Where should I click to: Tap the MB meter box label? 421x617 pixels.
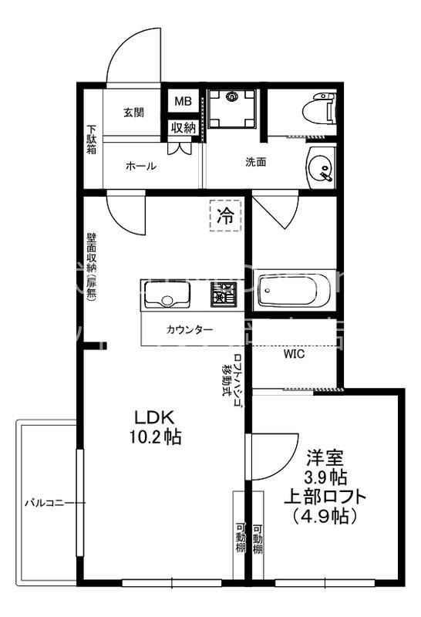[x=183, y=102]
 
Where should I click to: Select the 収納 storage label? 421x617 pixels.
[x=183, y=128]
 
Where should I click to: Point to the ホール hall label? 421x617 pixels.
[x=141, y=166]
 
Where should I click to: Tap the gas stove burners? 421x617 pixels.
[x=226, y=293]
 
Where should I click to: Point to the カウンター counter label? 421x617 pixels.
[x=189, y=329]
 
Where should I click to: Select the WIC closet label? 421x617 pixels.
[x=294, y=355]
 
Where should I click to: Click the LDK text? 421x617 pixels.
[x=157, y=417]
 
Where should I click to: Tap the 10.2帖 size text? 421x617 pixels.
[x=157, y=437]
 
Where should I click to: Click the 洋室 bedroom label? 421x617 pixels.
[x=324, y=457]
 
